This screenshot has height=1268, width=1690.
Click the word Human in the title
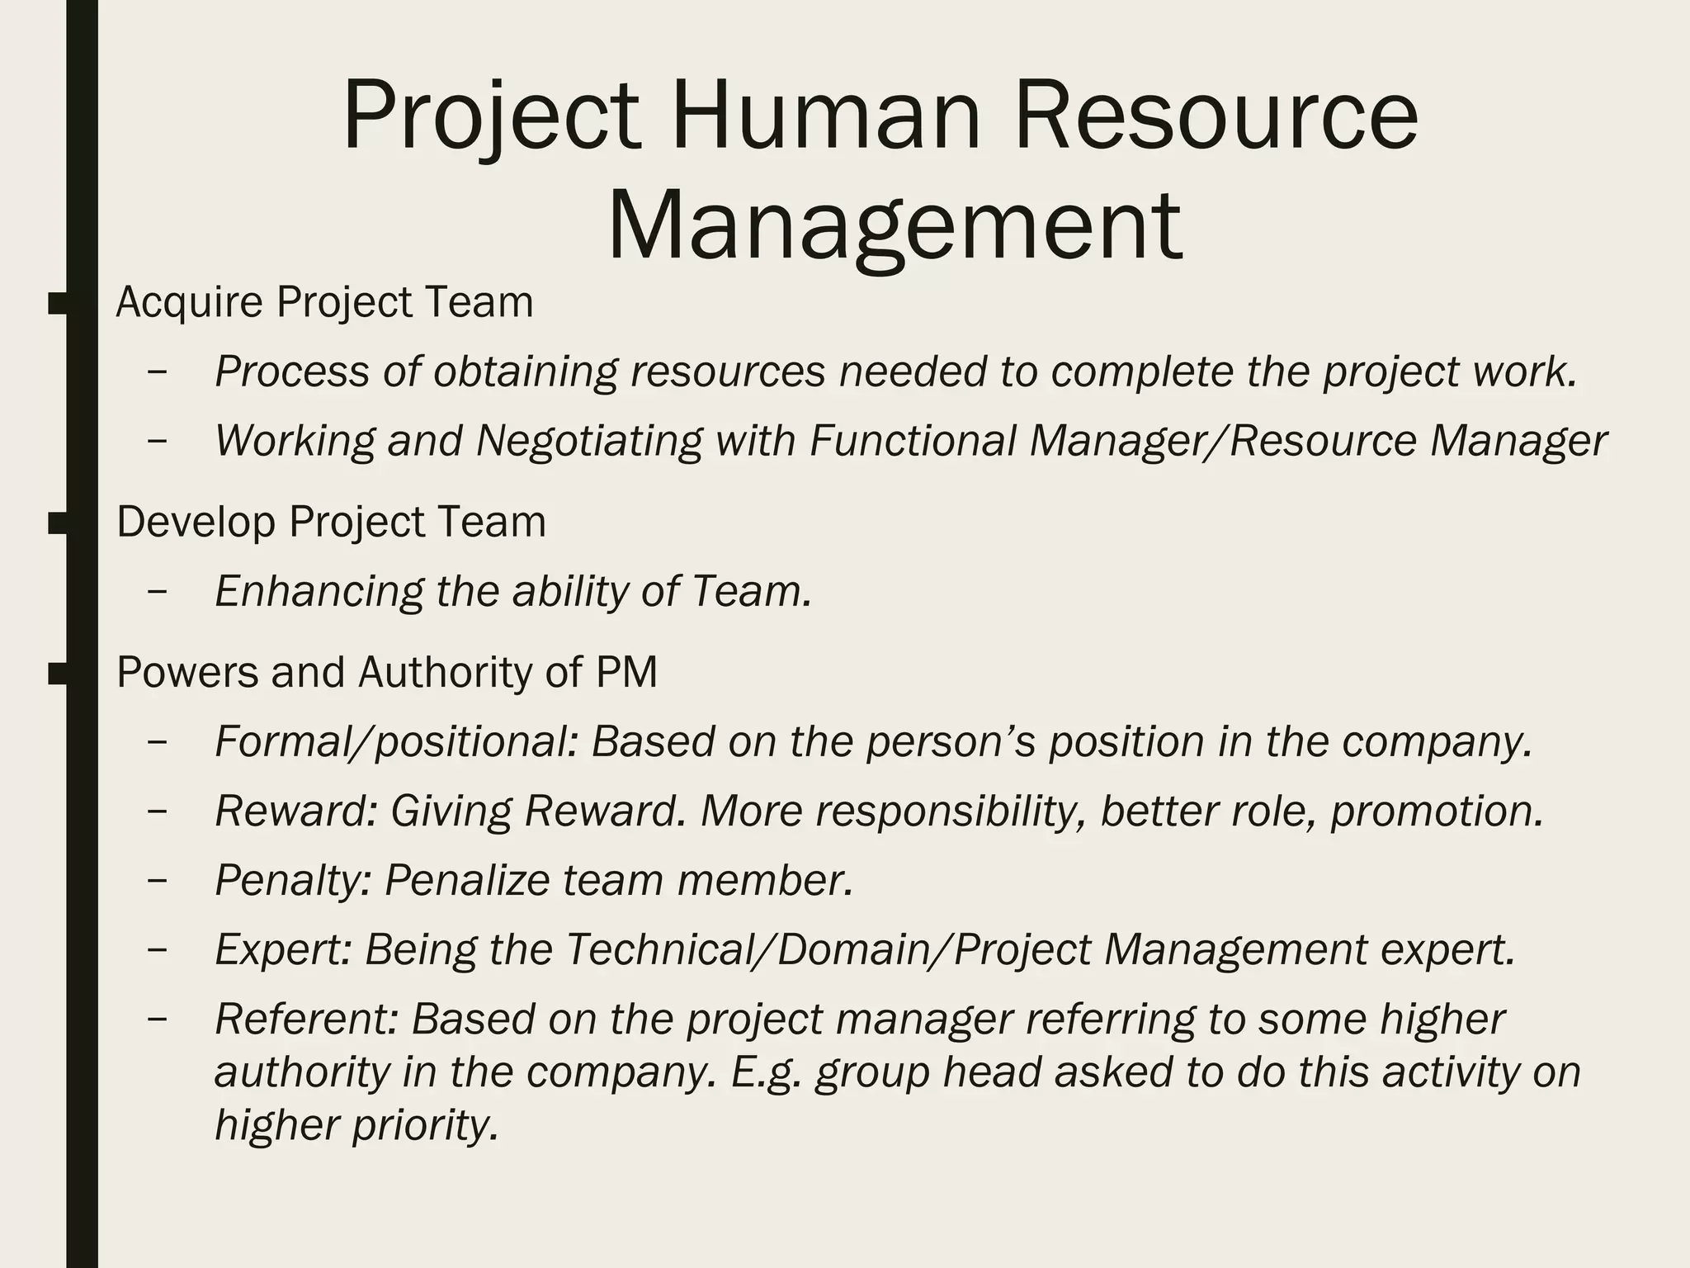click(826, 116)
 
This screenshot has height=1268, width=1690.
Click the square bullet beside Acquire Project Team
click(58, 303)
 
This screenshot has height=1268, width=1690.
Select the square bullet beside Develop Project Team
click(58, 523)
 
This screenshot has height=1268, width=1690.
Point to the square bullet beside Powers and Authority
click(58, 674)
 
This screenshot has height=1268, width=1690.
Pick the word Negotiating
click(589, 440)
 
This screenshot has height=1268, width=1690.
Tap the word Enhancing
click(319, 591)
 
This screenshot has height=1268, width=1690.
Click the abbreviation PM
click(626, 672)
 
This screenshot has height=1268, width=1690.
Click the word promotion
click(1436, 811)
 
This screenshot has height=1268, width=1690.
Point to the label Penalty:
click(293, 880)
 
